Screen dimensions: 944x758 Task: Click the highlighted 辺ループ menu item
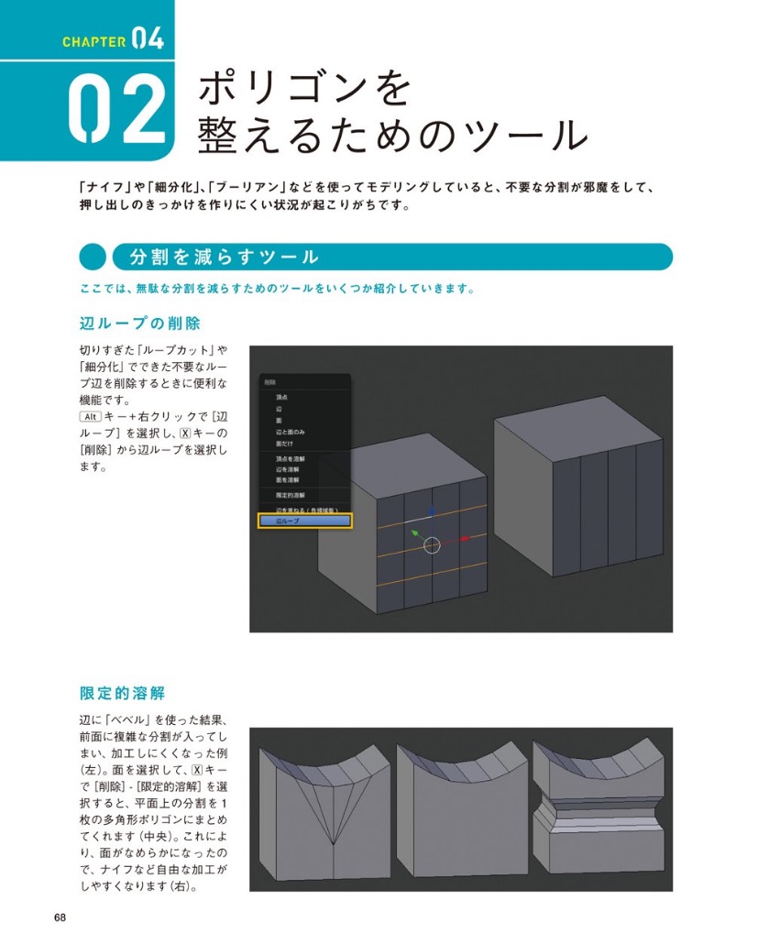click(x=303, y=521)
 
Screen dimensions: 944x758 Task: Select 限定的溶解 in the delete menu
click(x=291, y=495)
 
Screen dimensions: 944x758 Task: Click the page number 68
click(x=60, y=917)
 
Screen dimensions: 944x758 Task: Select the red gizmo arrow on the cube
click(x=465, y=538)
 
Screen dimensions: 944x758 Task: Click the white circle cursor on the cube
click(x=433, y=546)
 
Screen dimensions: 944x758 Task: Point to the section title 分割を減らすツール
click(x=225, y=258)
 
